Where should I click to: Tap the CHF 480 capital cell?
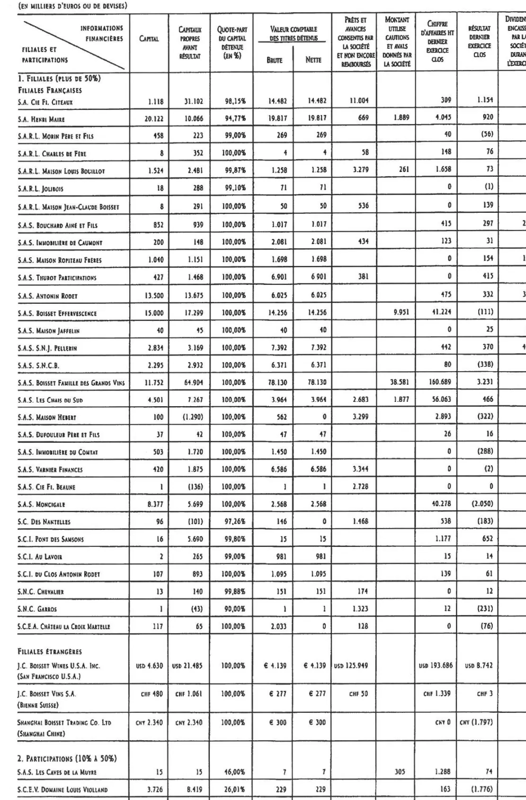click(x=152, y=694)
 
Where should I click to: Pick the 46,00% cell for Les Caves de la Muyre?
click(x=234, y=772)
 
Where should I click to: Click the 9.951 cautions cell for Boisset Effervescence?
click(x=399, y=312)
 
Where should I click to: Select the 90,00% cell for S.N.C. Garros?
click(x=234, y=609)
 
